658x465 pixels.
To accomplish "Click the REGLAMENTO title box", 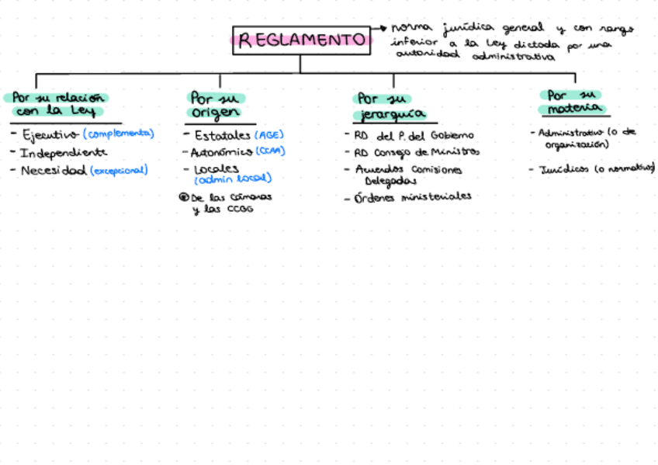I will point(301,40).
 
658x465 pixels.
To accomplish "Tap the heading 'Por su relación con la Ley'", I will point(57,104).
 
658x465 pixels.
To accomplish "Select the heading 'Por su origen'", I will point(216,105).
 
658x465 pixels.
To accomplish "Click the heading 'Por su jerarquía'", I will point(391,106).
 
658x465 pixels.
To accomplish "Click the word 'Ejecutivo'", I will point(50,134).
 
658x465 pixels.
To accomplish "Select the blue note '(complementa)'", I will point(118,134).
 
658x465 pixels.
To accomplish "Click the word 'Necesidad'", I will point(54,170).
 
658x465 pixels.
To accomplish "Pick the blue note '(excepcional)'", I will point(119,170).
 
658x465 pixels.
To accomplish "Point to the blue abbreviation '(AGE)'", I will point(269,134).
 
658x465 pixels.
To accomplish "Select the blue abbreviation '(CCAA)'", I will point(270,151).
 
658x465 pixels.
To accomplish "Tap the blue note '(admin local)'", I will point(233,179).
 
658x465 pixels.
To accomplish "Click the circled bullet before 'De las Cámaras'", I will point(184,197).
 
